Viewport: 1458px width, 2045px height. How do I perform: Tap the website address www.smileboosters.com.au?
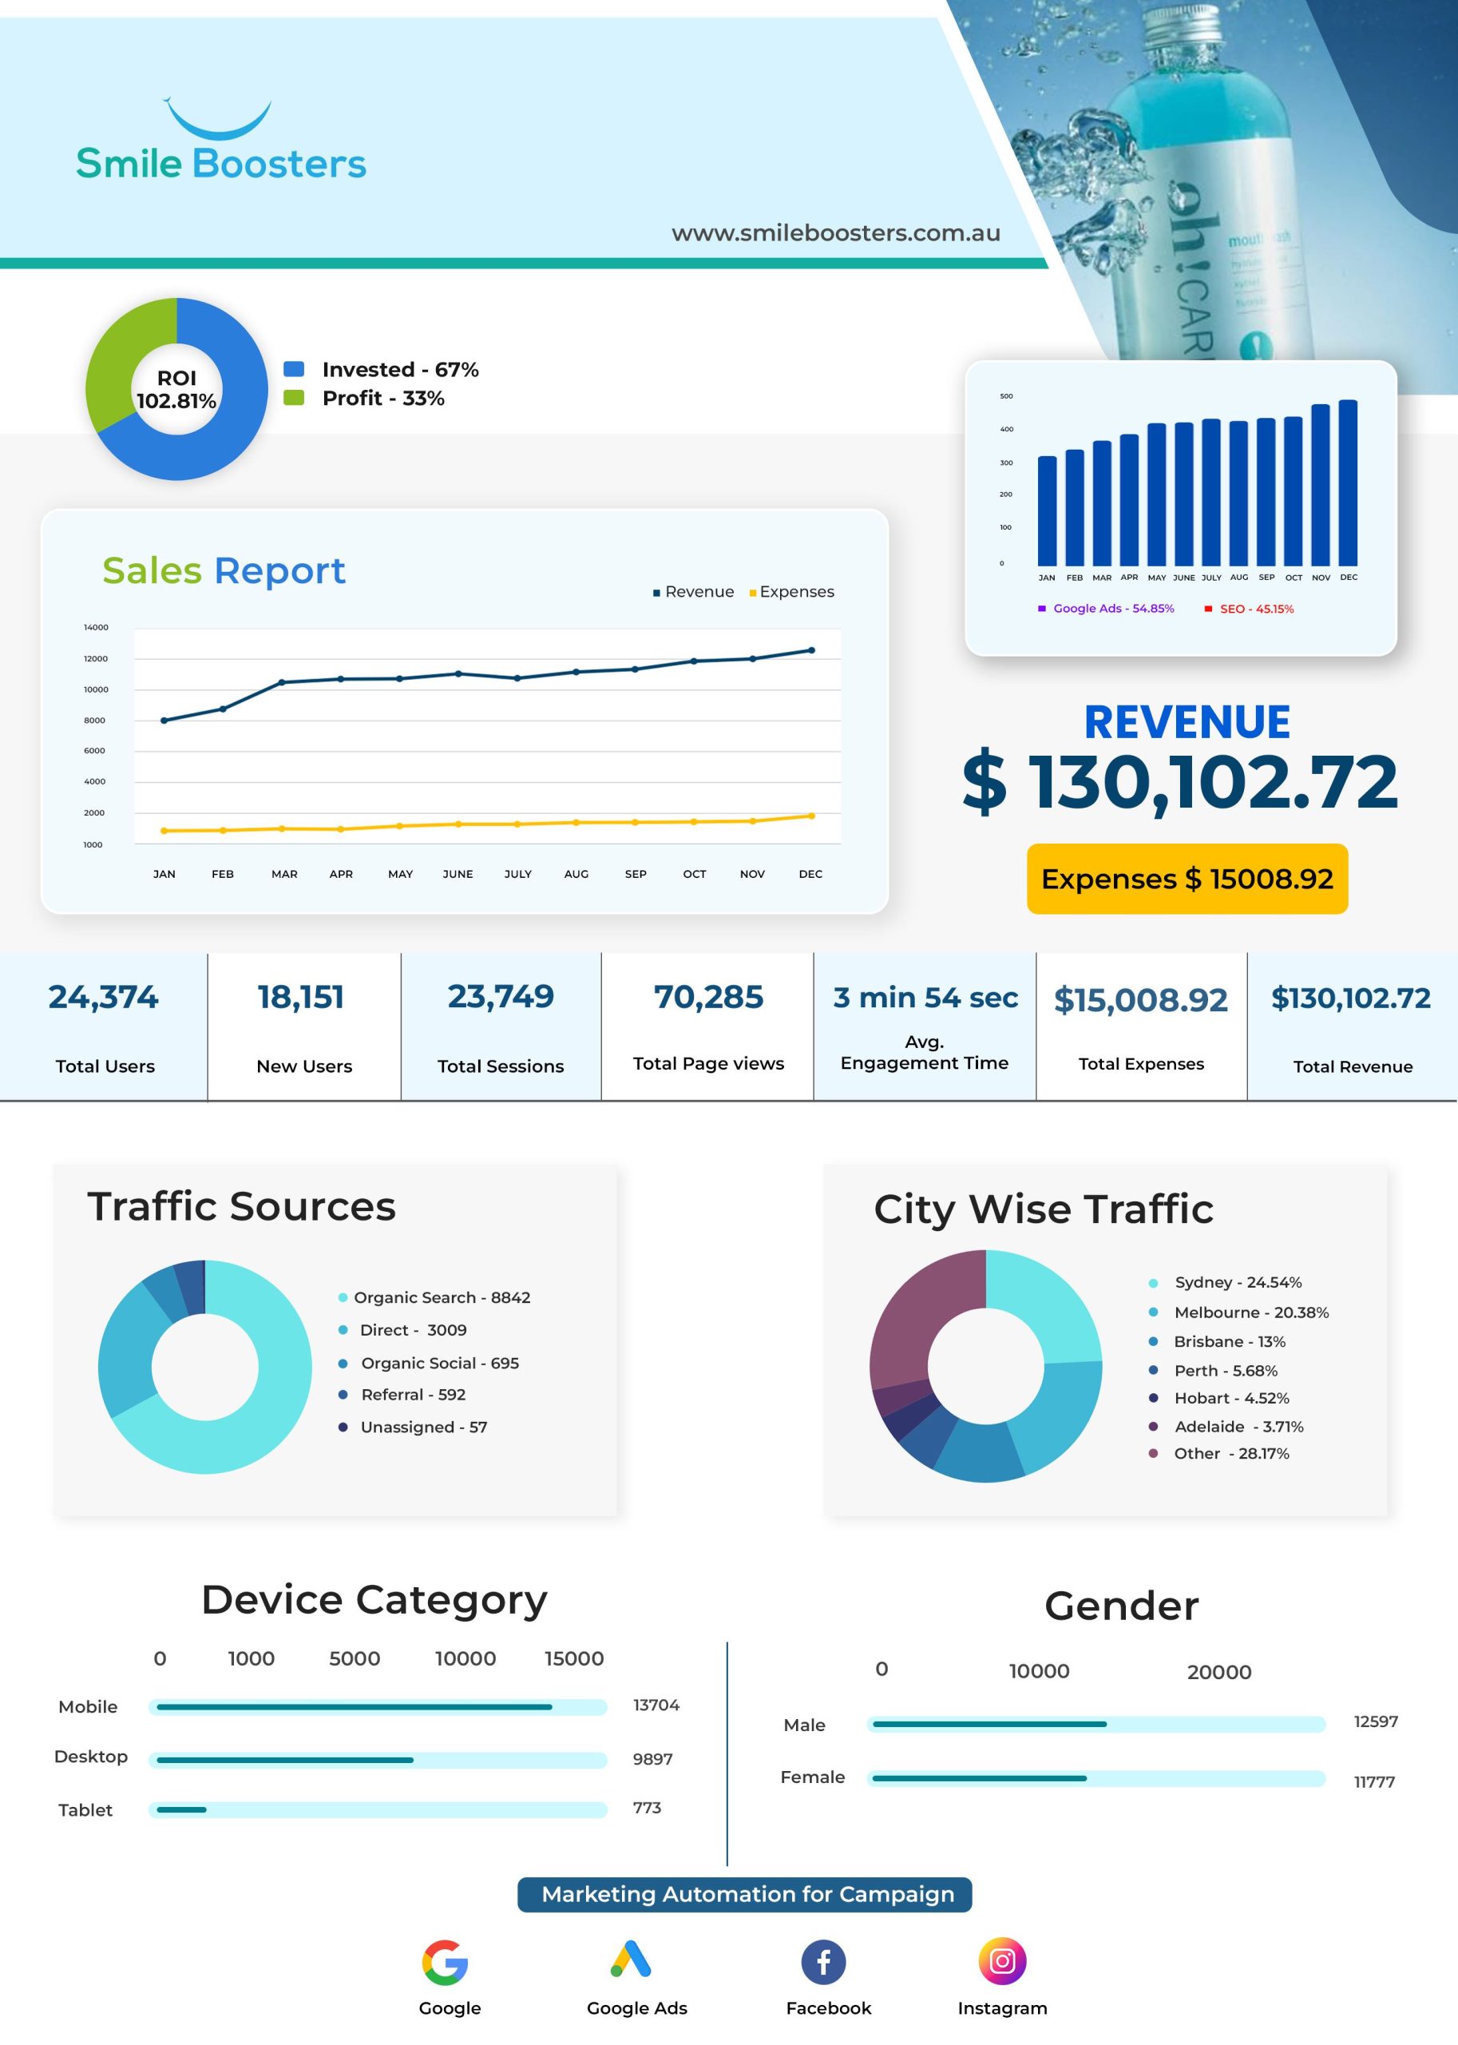coord(836,232)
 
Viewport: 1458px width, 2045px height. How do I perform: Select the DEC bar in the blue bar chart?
coord(1348,482)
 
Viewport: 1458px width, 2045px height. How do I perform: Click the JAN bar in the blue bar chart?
coord(1047,511)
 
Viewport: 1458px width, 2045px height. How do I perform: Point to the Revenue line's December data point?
coord(811,650)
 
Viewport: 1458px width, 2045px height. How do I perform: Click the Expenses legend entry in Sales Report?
coord(792,592)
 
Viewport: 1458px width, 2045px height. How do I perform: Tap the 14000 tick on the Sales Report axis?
coord(96,627)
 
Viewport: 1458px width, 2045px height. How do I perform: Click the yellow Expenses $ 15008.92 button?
coord(1187,879)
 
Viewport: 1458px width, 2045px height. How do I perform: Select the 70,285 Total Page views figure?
coord(708,997)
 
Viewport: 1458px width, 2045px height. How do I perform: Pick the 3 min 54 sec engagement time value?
coord(925,998)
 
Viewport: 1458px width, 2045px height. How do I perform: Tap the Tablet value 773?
coord(647,1808)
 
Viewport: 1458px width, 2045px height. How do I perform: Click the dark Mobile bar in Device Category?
coord(354,1706)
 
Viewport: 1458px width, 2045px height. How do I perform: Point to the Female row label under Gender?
coord(813,1777)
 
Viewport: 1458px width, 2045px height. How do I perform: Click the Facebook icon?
coord(823,1961)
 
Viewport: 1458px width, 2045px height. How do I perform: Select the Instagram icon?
coord(1002,1960)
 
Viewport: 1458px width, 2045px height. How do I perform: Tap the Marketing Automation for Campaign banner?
coord(744,1894)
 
